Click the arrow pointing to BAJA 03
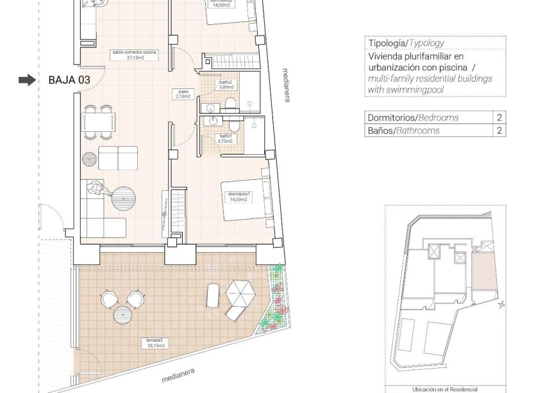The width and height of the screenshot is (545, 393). click(27, 80)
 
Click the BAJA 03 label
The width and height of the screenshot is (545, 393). click(69, 80)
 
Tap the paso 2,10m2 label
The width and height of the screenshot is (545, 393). click(184, 94)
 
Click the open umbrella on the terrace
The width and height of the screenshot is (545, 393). click(243, 295)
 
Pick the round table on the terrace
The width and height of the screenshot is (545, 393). click(122, 315)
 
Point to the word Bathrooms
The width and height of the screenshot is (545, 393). click(417, 131)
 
